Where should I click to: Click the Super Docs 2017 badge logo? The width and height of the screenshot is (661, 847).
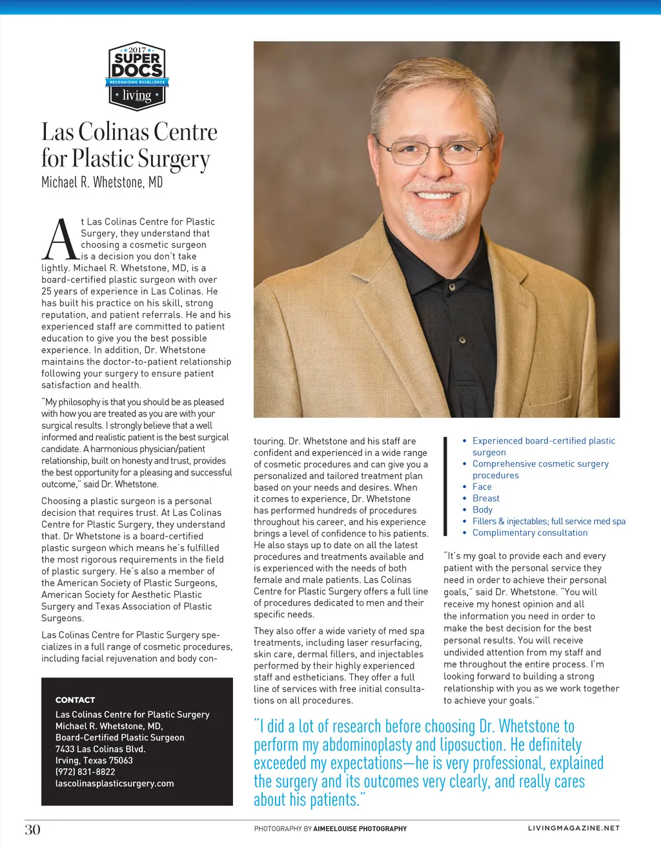click(136, 76)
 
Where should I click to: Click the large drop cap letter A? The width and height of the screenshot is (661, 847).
click(60, 240)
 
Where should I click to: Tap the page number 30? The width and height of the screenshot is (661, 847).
click(33, 829)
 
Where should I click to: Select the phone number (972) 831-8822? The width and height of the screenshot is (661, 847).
click(85, 771)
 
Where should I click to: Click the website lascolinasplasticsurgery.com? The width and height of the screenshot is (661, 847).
click(114, 783)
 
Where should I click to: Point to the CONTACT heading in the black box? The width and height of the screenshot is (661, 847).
click(75, 700)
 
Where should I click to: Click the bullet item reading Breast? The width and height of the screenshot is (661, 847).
click(485, 498)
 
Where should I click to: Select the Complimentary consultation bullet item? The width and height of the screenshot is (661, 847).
click(529, 533)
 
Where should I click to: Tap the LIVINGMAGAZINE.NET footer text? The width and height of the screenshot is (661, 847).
click(573, 828)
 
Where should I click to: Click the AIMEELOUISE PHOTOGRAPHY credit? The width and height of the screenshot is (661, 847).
click(360, 828)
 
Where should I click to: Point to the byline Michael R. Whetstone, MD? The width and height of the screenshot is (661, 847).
click(102, 182)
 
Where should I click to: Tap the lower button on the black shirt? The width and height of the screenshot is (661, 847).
click(461, 340)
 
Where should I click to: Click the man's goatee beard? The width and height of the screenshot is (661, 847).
click(434, 219)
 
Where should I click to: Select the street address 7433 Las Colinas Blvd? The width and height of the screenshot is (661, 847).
click(100, 749)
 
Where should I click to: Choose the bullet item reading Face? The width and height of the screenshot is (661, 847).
click(482, 487)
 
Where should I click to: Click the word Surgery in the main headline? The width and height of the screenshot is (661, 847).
click(174, 159)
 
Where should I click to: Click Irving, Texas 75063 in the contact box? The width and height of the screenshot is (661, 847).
click(94, 760)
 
